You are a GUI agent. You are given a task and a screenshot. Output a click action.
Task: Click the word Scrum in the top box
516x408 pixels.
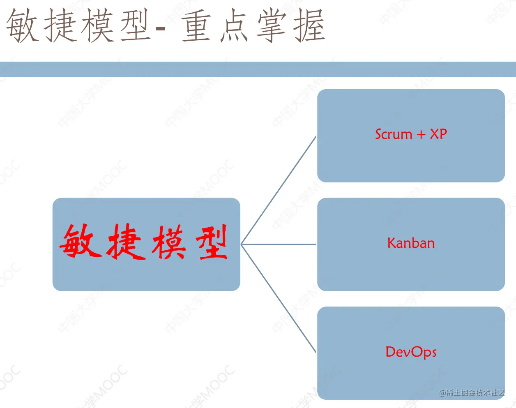tap(394, 134)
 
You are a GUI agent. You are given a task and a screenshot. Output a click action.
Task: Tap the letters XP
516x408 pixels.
tap(438, 134)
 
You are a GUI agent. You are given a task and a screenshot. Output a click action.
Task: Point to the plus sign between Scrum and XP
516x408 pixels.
tap(421, 135)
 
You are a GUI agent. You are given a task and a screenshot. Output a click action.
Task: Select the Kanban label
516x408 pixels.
tap(411, 243)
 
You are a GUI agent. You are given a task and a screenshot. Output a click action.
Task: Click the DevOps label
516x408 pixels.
tap(411, 352)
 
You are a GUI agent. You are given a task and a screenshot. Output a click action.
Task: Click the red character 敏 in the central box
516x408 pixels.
tap(81, 242)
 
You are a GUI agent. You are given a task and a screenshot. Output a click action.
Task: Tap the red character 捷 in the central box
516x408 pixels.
tap(126, 242)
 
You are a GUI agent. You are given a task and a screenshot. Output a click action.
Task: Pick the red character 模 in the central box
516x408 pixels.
tap(169, 242)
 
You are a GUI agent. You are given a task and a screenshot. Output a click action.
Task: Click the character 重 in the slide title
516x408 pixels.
tap(196, 26)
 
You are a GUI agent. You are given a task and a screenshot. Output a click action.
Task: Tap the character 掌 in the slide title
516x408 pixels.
tap(271, 26)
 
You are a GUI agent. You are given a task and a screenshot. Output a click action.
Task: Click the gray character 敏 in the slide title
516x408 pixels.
tap(23, 26)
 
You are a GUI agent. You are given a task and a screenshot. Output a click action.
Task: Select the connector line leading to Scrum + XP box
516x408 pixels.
tap(279, 190)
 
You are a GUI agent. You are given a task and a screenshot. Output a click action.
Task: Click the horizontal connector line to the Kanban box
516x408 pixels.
tap(279, 244)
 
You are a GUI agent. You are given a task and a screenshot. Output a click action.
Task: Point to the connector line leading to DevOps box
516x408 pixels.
tap(279, 299)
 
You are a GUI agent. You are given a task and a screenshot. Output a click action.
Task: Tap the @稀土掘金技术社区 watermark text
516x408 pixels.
tap(472, 393)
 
